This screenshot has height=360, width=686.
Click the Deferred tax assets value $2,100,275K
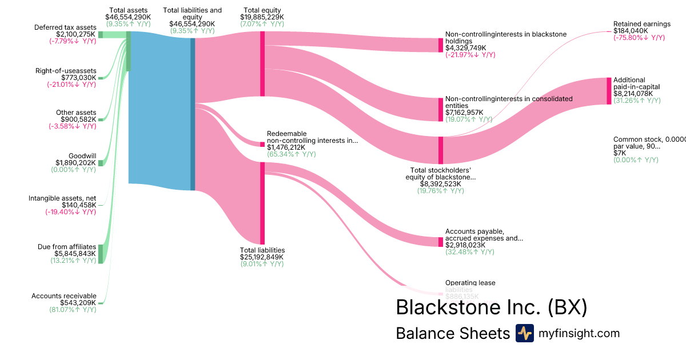coord(71,34)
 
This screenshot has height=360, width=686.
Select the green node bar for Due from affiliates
coord(101,254)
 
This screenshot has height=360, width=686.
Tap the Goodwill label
coord(82,156)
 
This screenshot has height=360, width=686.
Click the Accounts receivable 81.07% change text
coord(73,310)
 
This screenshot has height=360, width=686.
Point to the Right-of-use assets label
coord(66,71)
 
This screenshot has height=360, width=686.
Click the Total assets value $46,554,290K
coord(128,17)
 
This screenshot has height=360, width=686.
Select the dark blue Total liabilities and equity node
coord(193,114)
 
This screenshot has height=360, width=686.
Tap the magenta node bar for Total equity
coord(262,63)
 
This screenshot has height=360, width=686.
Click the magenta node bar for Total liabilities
coord(262,203)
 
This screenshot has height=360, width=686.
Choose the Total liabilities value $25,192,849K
coord(262,257)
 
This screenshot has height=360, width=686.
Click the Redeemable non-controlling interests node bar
coord(262,144)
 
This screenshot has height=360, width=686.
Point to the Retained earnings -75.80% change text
coord(639,38)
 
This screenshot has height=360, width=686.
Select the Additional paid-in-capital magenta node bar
coord(609,91)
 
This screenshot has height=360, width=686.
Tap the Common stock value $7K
coord(620,153)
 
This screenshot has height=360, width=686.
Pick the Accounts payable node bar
coord(441,242)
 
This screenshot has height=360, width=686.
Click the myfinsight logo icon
coord(524,333)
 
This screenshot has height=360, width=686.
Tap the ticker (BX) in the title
coord(567,307)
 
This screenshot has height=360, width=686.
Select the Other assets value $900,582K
coord(78,119)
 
